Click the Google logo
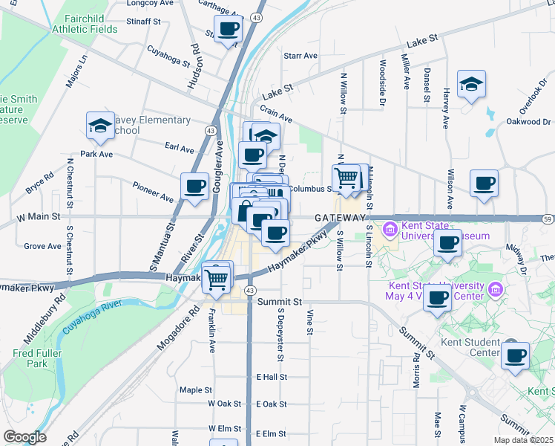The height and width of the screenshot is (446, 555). point(24,438)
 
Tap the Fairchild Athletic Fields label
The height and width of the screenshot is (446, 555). point(85,24)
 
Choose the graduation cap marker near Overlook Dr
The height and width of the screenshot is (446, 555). point(470,84)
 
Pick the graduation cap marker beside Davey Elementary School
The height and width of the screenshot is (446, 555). point(100,126)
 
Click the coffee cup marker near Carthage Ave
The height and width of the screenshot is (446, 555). point(228,30)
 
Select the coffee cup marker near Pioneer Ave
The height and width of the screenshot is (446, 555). point(194,187)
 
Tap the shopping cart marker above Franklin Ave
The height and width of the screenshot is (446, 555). point(216,279)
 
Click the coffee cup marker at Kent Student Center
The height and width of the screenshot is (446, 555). point(515,355)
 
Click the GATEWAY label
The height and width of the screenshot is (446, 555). point(340,218)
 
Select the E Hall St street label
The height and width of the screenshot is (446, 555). point(272,377)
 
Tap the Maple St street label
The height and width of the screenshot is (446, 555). point(196,390)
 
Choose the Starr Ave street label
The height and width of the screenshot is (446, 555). point(301,56)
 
